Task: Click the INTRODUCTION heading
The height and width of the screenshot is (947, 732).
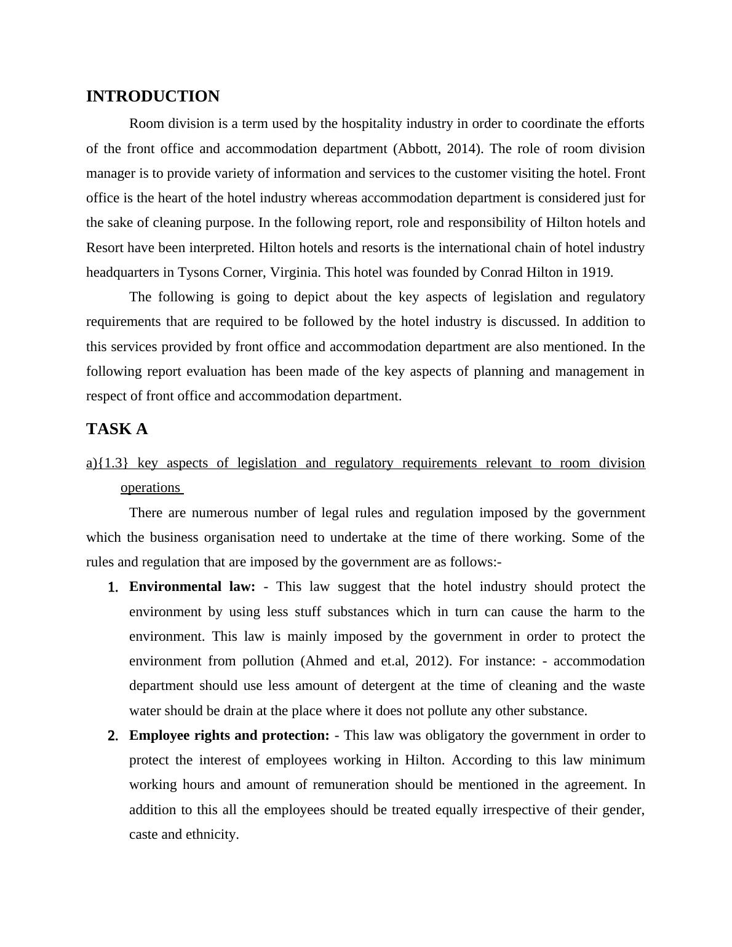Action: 153,97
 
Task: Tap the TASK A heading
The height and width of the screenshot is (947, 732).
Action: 117,429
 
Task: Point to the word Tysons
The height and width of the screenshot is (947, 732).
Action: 197,272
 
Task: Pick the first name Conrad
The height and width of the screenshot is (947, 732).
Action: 501,272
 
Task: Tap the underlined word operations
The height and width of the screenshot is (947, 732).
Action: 150,488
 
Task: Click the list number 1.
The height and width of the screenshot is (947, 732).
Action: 113,587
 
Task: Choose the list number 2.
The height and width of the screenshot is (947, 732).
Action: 113,736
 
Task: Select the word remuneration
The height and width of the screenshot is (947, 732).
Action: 351,785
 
